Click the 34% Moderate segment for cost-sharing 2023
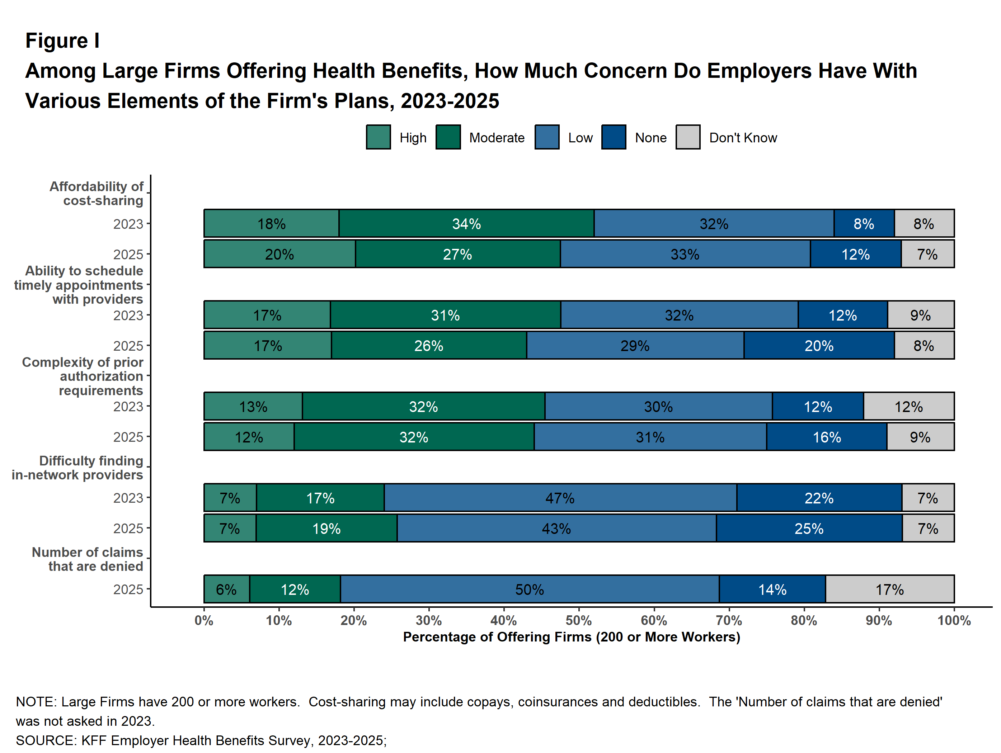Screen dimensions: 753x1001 (x=466, y=223)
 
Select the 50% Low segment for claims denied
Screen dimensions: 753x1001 (x=530, y=589)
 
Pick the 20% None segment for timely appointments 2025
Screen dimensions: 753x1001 (x=819, y=346)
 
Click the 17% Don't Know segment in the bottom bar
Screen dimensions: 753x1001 (x=889, y=589)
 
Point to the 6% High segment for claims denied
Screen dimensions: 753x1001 (x=226, y=589)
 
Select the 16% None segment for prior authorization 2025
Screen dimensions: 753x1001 (x=826, y=437)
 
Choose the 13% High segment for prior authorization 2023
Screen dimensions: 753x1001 (x=253, y=406)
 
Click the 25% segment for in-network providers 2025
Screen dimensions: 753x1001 (x=809, y=528)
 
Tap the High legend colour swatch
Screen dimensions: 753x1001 (x=378, y=137)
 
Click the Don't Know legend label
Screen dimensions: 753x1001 (x=743, y=137)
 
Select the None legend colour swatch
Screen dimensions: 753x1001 (x=614, y=137)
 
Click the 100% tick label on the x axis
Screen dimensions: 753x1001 (x=954, y=620)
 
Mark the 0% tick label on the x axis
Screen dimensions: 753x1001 (x=204, y=620)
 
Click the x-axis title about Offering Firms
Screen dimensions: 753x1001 (x=572, y=637)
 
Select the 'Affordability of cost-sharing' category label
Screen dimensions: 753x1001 (x=97, y=193)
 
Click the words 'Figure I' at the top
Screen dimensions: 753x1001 (x=62, y=41)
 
